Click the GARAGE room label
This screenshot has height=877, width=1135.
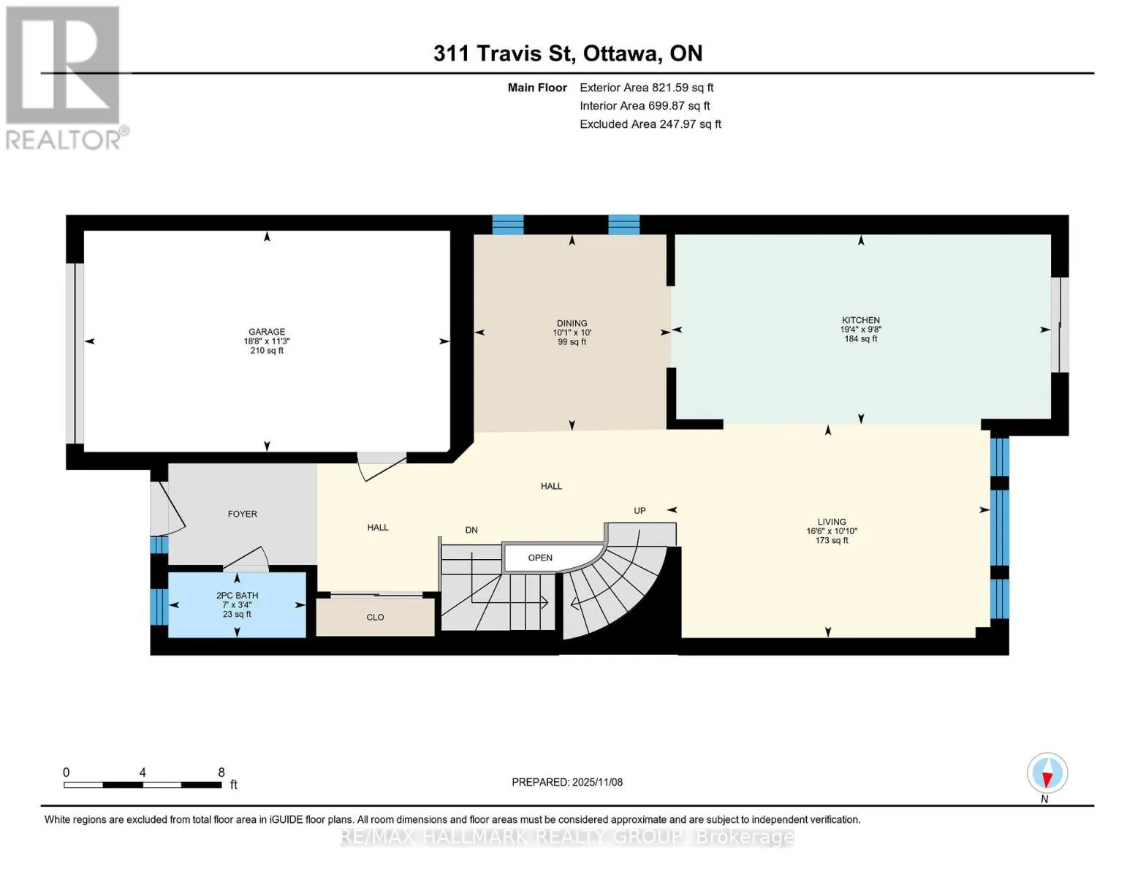point(266,332)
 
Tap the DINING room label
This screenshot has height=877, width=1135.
point(572,323)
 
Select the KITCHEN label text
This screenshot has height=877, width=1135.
point(860,320)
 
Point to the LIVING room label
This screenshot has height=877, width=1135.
point(832,522)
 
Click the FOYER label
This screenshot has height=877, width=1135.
point(243,514)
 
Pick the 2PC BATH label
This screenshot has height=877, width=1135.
point(237,596)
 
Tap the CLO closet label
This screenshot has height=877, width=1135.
point(375,618)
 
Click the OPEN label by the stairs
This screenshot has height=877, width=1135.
point(540,558)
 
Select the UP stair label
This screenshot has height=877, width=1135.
point(639,510)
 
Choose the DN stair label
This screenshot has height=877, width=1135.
point(471,530)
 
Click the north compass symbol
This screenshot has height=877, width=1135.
point(1047,774)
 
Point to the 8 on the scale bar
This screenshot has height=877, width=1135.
point(221,772)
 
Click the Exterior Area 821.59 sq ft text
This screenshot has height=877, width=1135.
point(646,88)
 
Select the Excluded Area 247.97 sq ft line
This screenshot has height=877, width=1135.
point(650,124)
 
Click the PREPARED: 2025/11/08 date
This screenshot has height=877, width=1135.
point(566,783)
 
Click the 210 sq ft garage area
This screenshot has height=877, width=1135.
point(266,351)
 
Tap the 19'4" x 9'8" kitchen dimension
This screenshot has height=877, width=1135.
point(860,330)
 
